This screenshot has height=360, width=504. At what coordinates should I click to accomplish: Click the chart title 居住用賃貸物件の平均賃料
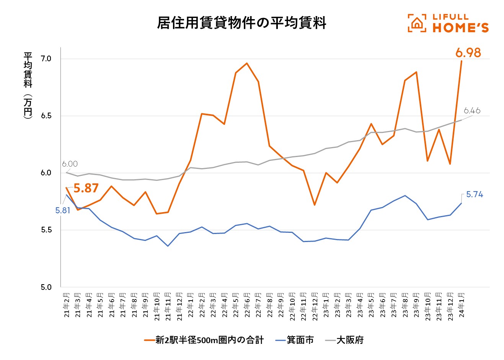tap(241, 23)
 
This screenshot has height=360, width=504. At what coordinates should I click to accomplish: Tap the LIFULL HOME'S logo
tap(448, 23)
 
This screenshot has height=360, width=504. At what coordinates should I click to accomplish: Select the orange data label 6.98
tap(468, 52)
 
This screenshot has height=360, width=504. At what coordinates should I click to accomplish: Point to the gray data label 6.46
tap(471, 111)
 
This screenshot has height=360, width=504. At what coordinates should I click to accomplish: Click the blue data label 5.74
tap(475, 195)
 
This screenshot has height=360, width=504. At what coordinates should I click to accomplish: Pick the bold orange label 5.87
tap(86, 188)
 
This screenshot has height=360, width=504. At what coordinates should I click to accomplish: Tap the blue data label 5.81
tap(63, 210)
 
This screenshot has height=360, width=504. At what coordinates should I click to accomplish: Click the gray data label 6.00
tap(70, 164)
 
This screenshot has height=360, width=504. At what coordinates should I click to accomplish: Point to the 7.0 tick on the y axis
tap(46, 59)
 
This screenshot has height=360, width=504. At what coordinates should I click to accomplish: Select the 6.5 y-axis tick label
tap(46, 116)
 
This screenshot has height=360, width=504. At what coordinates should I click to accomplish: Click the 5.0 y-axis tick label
tap(46, 287)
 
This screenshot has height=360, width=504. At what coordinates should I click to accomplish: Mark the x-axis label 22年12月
tap(315, 307)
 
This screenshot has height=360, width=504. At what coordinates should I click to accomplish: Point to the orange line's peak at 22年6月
tap(247, 63)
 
